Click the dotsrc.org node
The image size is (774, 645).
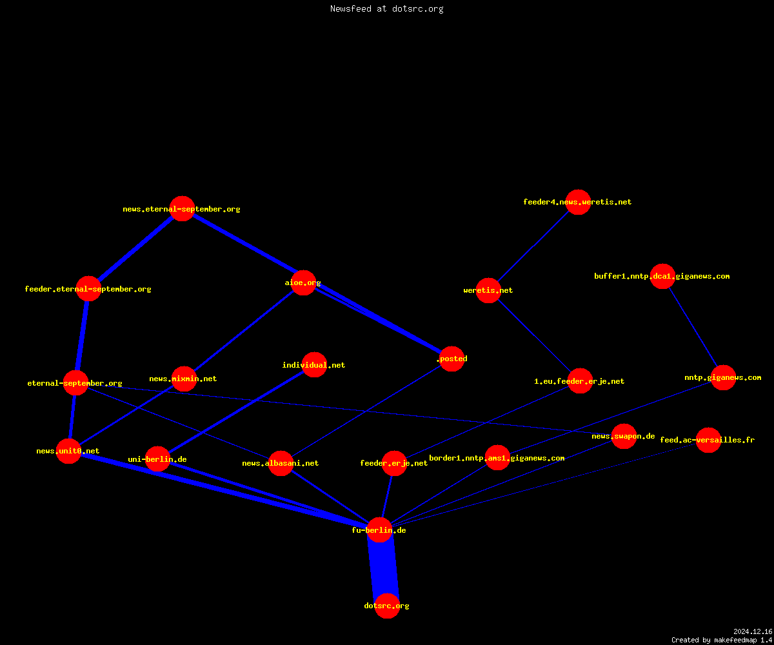(387, 606)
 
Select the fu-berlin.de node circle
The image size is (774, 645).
(380, 530)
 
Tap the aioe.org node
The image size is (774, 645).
(303, 283)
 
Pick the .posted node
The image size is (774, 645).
(452, 359)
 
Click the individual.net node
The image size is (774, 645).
(314, 365)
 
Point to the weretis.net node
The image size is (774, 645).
(488, 290)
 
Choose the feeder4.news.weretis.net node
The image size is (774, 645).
(579, 202)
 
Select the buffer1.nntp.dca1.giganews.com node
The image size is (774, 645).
(663, 276)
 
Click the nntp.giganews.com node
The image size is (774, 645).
(723, 378)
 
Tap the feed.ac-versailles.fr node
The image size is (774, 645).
(708, 440)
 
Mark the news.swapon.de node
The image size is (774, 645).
(624, 436)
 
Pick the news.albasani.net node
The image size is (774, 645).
(281, 463)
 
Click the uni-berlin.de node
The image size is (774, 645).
(157, 459)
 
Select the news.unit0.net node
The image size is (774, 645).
(68, 451)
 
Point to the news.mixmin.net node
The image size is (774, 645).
(184, 379)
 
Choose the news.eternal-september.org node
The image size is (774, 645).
(182, 209)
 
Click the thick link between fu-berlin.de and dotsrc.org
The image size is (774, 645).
(383, 568)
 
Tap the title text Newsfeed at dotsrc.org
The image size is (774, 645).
(386, 8)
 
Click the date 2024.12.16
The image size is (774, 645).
(753, 631)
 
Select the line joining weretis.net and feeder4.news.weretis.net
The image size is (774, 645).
(533, 246)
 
